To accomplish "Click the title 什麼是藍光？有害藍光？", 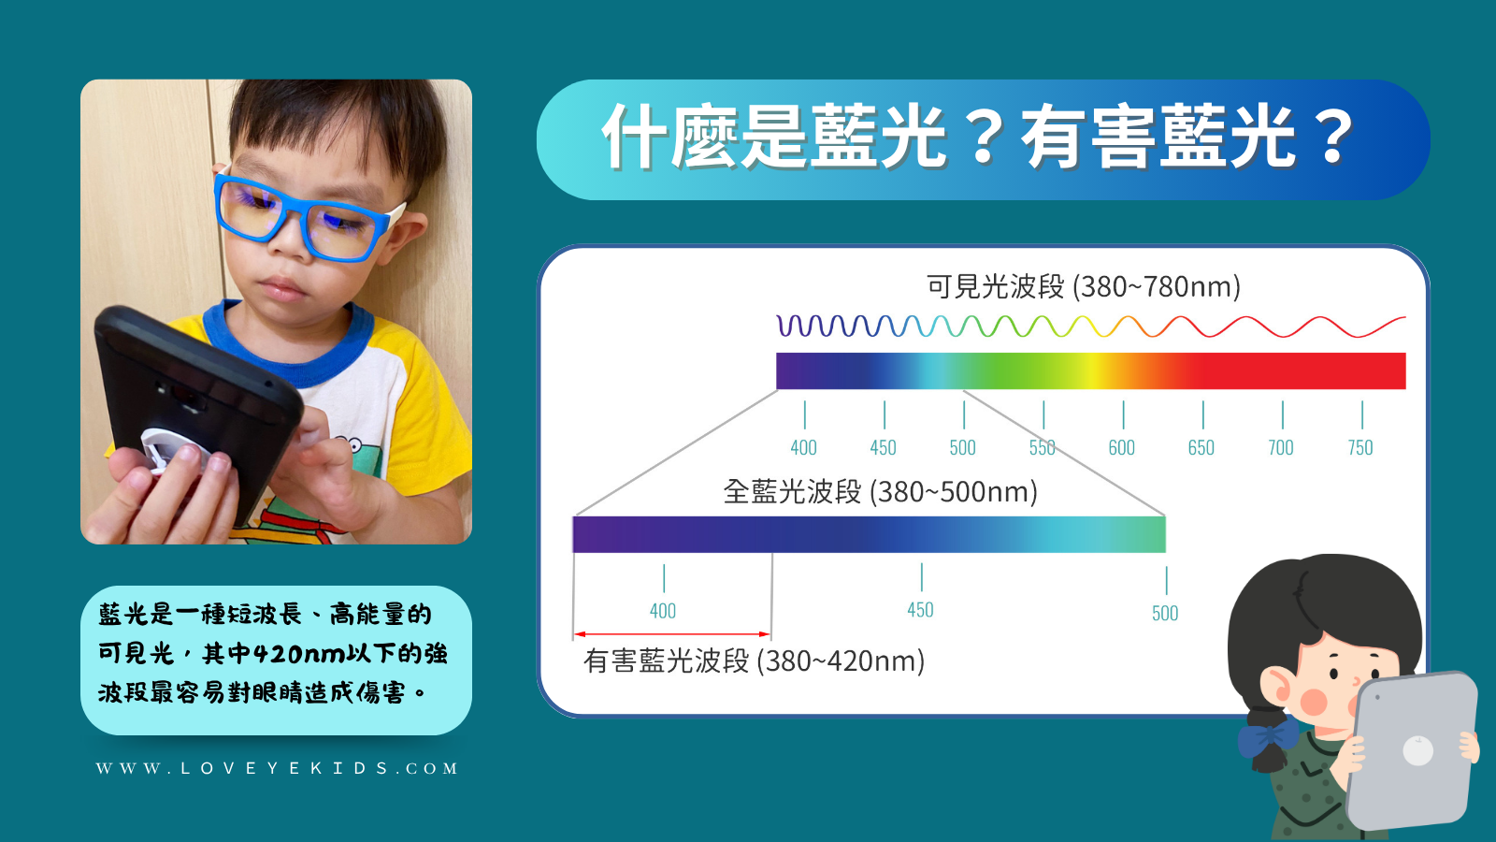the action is point(978,138).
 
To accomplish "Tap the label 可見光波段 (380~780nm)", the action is point(1084,286).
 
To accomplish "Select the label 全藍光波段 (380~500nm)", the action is point(880,492).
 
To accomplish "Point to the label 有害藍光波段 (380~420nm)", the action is point(754,661).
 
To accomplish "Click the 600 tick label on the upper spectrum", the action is point(1121,447).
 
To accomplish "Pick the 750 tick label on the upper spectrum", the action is point(1360,447).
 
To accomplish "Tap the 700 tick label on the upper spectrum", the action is point(1281,447).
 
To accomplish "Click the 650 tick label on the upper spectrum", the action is point(1201,447).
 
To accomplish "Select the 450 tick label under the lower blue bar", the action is point(920,609).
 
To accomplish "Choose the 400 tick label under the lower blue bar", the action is point(663,611).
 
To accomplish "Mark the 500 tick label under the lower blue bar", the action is point(1165,613).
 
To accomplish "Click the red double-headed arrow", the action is point(672,634).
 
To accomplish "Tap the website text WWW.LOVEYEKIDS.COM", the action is point(277,768).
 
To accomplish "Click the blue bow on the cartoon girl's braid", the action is point(1268,738).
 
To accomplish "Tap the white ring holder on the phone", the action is point(175,450).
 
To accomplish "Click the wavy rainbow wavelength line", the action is point(1091,327).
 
